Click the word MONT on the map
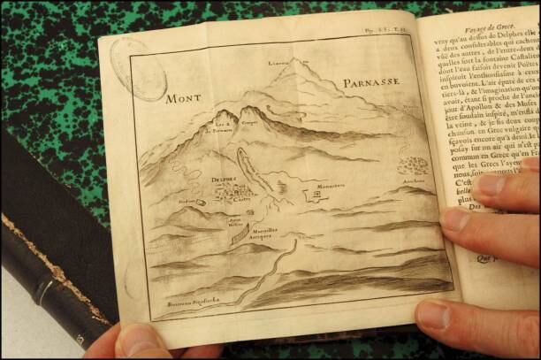pyautogui.click(x=184, y=98)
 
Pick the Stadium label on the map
pyautogui.click(x=186, y=201)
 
